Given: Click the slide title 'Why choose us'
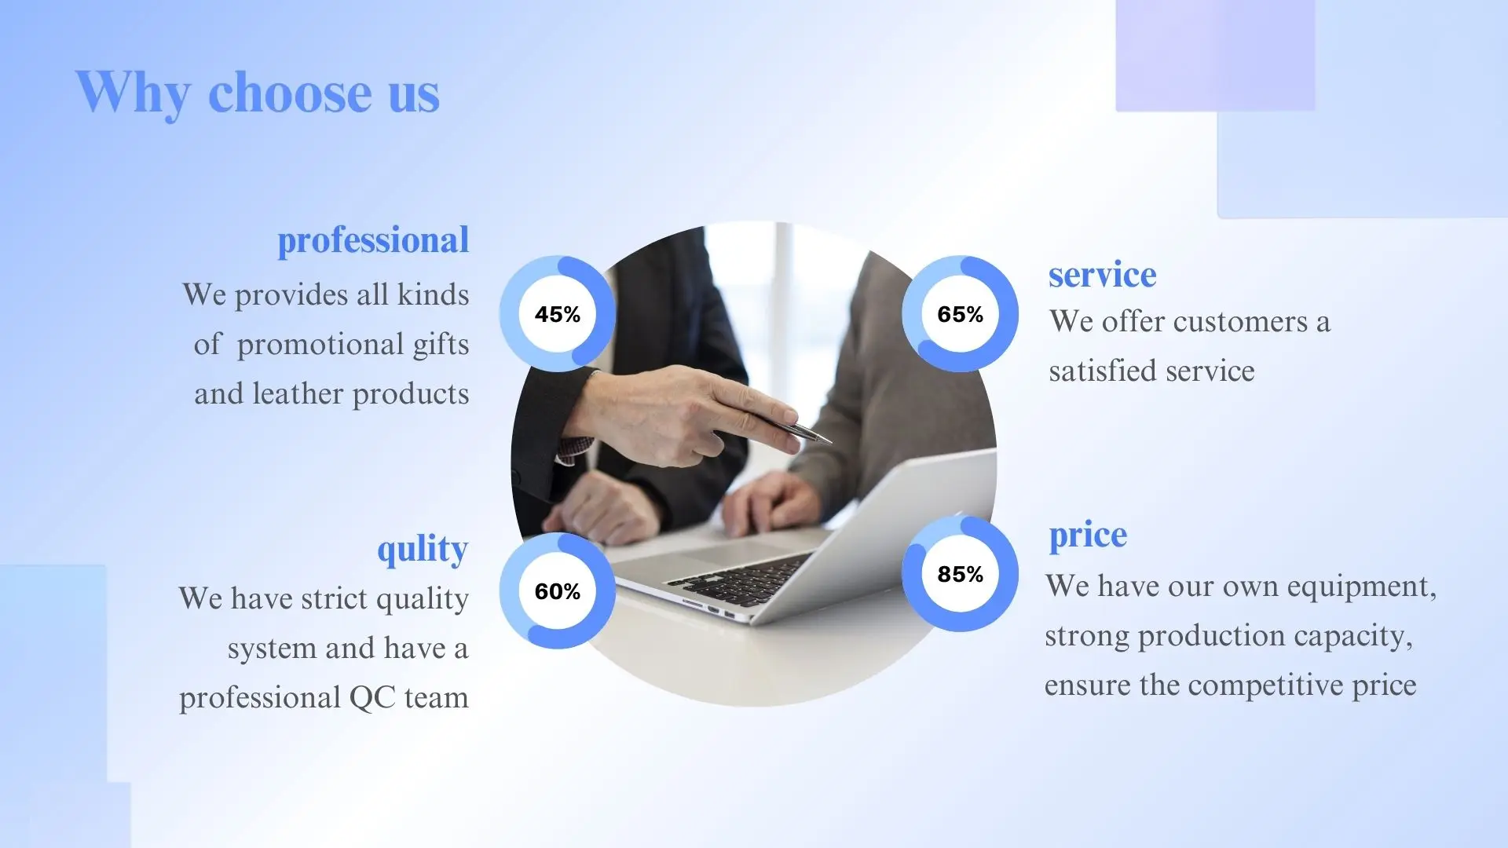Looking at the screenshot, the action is click(x=257, y=93).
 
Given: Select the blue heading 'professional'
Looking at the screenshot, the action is click(x=373, y=241).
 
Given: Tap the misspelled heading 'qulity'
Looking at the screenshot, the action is click(x=423, y=550).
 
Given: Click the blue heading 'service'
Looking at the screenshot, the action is click(x=1102, y=275).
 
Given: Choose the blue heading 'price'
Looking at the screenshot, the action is click(x=1088, y=536).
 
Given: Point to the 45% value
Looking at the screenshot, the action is click(x=558, y=314).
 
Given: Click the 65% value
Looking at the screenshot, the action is click(x=960, y=314).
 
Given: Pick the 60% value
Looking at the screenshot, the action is click(x=558, y=591).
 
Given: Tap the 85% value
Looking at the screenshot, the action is click(x=960, y=574).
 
